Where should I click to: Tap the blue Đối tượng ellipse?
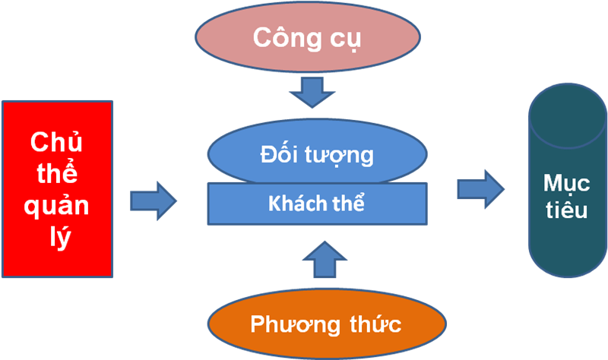315,152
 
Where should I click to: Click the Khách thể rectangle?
315,204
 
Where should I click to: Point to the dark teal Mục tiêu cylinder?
565,205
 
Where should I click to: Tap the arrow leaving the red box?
153,201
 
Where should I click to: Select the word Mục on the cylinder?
565,185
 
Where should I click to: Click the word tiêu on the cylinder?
565,210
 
